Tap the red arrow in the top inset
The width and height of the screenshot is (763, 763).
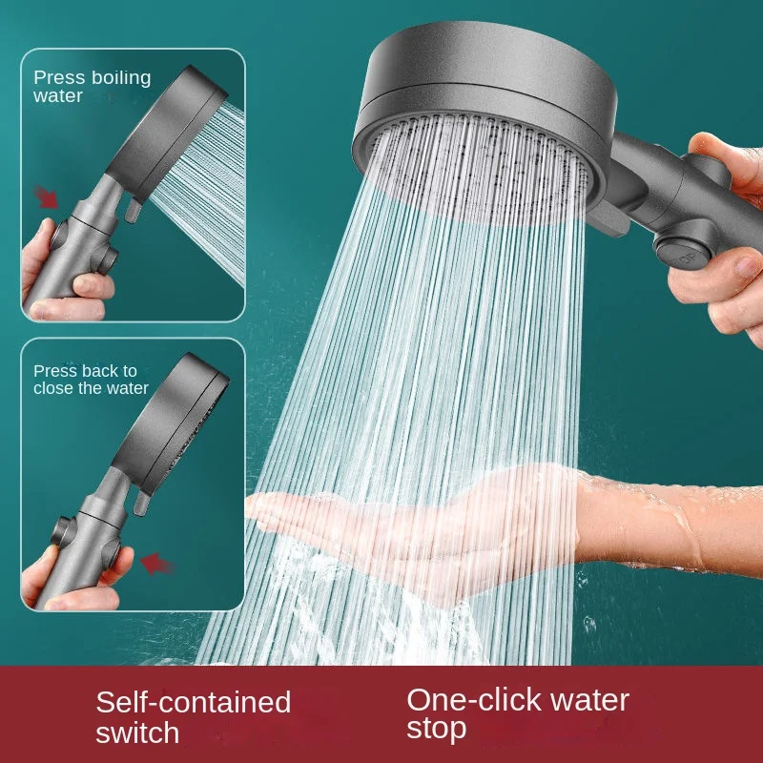coord(46,196)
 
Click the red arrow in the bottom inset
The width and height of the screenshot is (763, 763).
coord(156,564)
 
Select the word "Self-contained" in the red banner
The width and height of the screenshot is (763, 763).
coord(194,702)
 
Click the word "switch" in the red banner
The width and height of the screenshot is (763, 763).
coord(137,732)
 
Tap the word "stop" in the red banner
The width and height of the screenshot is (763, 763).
coord(437,730)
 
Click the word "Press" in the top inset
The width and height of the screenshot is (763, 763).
coord(59,78)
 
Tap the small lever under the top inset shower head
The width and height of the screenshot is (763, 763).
coord(133,208)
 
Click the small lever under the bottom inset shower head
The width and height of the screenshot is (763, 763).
coord(141,502)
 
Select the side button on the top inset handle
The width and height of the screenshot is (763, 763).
coord(108,259)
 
